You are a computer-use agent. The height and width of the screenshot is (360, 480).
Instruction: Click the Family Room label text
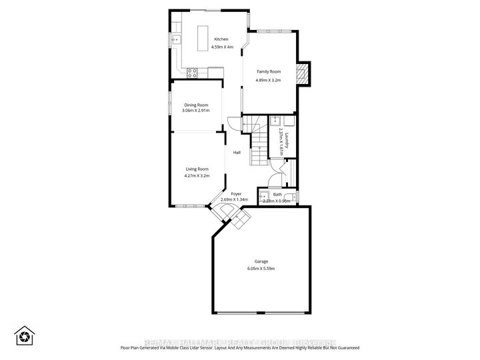tap(269, 71)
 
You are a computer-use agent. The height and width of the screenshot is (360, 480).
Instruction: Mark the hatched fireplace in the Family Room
tap(303, 74)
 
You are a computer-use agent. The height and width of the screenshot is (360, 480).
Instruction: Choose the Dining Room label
tap(196, 105)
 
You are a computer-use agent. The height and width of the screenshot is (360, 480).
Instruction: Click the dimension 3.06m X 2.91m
tap(196, 111)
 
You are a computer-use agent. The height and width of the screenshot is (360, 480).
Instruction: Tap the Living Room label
tap(197, 169)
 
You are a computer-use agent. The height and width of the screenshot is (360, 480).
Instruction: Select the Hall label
tap(237, 153)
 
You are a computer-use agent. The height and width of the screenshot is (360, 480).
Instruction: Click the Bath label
tap(277, 195)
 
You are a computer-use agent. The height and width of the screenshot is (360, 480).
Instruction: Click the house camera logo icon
tap(25, 335)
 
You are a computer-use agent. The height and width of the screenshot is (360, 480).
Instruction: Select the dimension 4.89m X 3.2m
tap(269, 80)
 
